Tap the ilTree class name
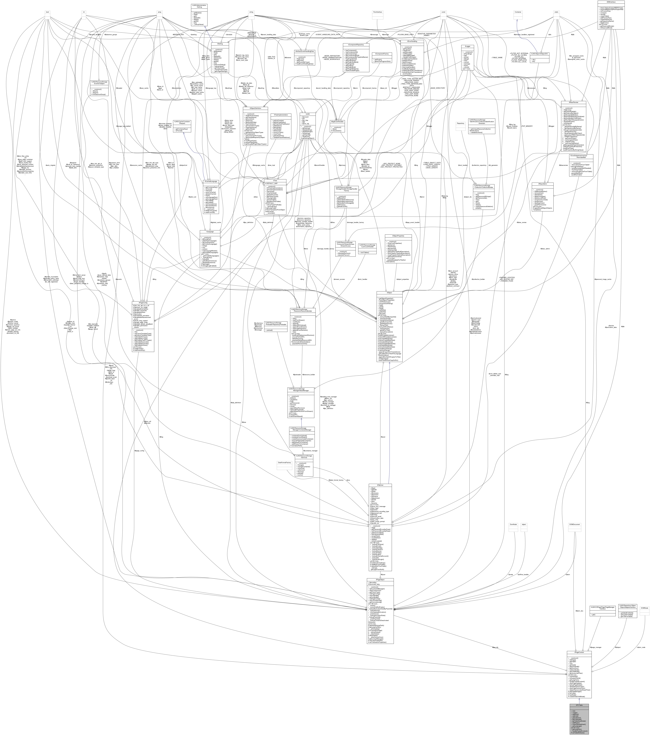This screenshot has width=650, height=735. pos(275,181)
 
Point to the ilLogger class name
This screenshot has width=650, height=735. pos(467,46)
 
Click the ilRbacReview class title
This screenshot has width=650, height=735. pos(574,103)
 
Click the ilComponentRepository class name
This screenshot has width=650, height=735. pos(356,45)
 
